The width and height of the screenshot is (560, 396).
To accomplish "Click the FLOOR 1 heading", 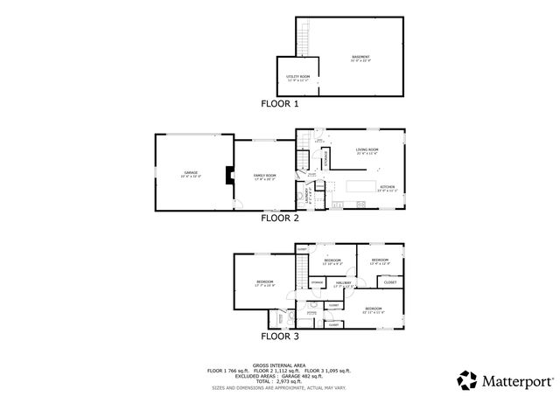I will (x=280, y=103).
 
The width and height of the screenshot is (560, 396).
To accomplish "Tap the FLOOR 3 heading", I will (x=280, y=335).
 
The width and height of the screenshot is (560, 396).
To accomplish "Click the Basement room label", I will (x=361, y=57).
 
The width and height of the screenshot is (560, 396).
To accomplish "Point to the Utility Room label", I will (x=297, y=77).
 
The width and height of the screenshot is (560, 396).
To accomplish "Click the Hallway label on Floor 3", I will (x=344, y=283).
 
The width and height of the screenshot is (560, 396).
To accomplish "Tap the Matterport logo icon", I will (x=465, y=379).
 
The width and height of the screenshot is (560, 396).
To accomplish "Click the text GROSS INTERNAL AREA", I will (x=280, y=365).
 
